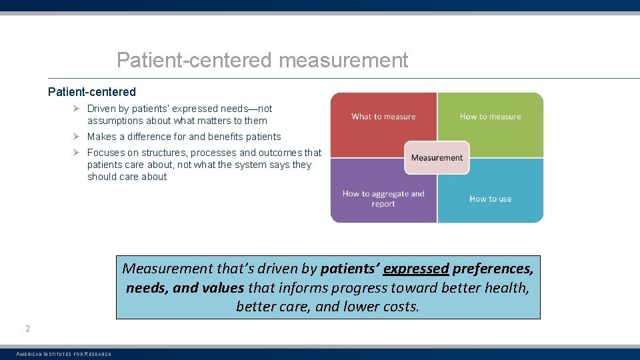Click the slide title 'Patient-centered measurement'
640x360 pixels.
pos(262,60)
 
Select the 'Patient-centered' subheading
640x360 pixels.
pos(92,92)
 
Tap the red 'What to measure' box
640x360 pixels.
pos(383,117)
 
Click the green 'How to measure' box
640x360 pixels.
pos(490,117)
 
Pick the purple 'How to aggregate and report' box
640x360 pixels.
pos(383,199)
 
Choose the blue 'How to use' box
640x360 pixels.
pos(490,199)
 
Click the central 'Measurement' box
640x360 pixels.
pos(437,158)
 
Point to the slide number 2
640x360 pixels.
pos(27,328)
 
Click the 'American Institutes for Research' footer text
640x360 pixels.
pos(63,354)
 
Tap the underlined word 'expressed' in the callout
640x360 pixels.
pos(416,269)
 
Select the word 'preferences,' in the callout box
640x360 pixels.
pos(493,269)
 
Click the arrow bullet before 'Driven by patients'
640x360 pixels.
pos(77,109)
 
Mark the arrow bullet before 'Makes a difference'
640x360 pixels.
pos(77,137)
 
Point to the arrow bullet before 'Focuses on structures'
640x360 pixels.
pos(77,153)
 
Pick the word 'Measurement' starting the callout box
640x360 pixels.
pos(167,269)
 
